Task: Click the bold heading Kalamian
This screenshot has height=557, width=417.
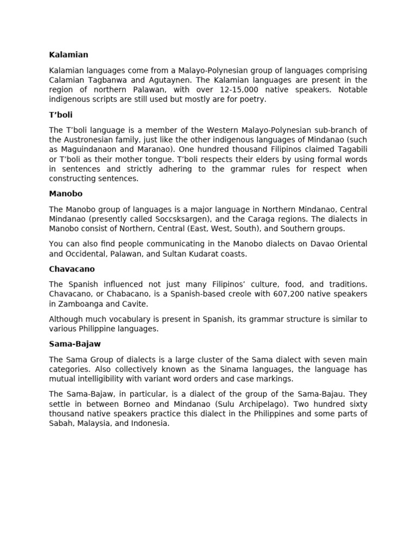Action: click(68, 55)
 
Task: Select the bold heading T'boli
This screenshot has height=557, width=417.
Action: click(61, 115)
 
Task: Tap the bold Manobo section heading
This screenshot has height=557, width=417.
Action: click(66, 194)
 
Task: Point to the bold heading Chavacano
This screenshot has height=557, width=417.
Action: click(72, 269)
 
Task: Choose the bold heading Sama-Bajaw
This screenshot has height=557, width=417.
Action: click(75, 344)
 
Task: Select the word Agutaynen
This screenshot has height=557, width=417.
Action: click(166, 80)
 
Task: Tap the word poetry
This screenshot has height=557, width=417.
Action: click(252, 100)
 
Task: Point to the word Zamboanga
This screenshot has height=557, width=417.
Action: click(77, 304)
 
